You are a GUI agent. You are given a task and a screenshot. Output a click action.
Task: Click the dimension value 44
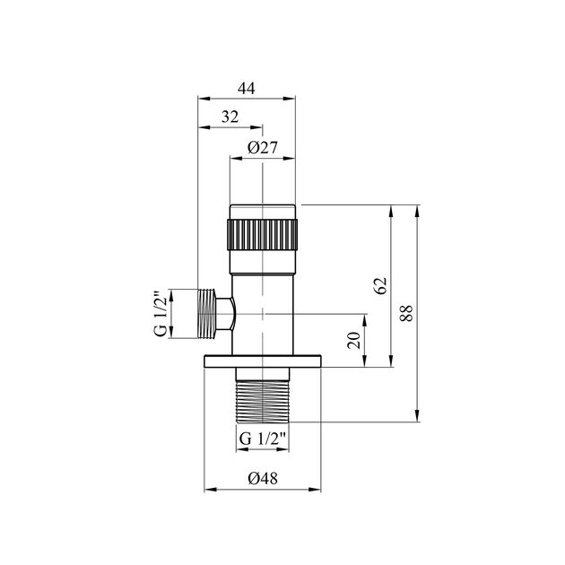(247, 88)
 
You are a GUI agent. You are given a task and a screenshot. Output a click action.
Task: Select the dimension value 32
(230, 117)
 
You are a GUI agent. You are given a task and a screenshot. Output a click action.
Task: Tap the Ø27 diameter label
(263, 148)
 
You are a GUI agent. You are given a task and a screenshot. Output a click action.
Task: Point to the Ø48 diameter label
(263, 479)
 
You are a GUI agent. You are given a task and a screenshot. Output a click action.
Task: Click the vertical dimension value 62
(380, 285)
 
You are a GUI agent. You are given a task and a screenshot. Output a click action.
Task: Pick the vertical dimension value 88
(406, 313)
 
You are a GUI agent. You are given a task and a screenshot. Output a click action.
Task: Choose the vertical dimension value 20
(354, 340)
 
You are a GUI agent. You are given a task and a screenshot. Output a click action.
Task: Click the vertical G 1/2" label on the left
(161, 313)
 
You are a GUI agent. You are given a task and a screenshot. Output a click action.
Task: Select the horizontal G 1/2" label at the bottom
(262, 439)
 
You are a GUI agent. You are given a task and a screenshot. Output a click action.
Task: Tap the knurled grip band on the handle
(262, 234)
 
